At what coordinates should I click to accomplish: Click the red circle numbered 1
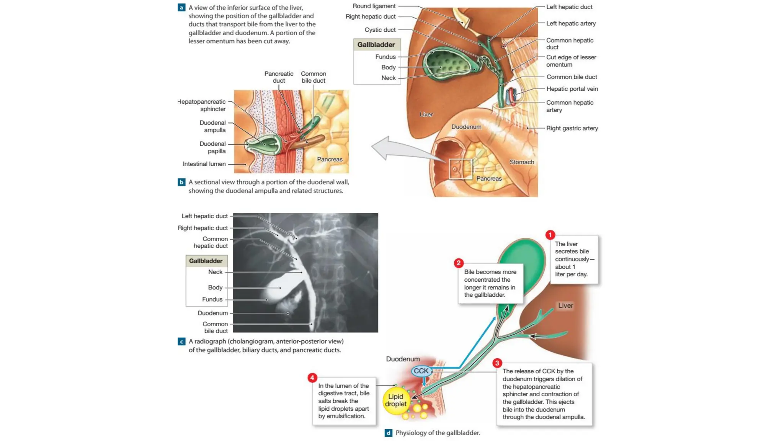pyautogui.click(x=550, y=235)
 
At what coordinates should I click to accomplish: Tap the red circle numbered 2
pyautogui.click(x=459, y=263)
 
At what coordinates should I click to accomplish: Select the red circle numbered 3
pyautogui.click(x=497, y=363)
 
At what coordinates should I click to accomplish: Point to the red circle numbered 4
pyautogui.click(x=312, y=378)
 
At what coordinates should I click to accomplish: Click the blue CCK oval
pyautogui.click(x=421, y=371)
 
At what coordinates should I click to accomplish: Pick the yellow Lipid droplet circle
pyautogui.click(x=396, y=400)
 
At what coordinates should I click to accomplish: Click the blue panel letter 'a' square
pyautogui.click(x=181, y=7)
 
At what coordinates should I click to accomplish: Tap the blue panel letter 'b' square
pyautogui.click(x=181, y=182)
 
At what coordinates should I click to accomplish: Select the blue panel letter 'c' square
pyautogui.click(x=181, y=341)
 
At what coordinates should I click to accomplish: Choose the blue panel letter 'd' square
pyautogui.click(x=388, y=433)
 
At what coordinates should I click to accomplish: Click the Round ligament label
pyautogui.click(x=374, y=6)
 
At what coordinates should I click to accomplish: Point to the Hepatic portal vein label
pyautogui.click(x=572, y=89)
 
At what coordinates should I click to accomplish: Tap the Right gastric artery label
pyautogui.click(x=572, y=128)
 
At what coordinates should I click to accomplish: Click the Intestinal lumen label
pyautogui.click(x=204, y=164)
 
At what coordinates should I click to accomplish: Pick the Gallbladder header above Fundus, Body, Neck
pyautogui.click(x=376, y=45)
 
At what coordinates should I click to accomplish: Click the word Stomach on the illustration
pyautogui.click(x=521, y=162)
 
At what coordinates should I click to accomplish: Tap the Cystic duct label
pyautogui.click(x=380, y=30)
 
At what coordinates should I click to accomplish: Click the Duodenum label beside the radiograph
pyautogui.click(x=212, y=313)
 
